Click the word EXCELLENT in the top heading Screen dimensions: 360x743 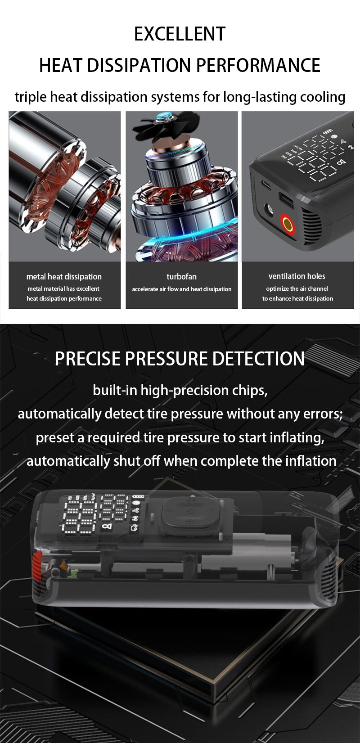point(180,34)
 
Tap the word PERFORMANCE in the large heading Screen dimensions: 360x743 point(258,65)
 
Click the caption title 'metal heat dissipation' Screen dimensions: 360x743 point(64,277)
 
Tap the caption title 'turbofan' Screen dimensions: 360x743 point(181,277)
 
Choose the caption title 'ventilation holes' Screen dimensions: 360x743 point(297,276)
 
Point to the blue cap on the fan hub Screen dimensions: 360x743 point(162,116)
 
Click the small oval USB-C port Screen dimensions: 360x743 point(266,184)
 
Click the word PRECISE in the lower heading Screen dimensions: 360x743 point(88,359)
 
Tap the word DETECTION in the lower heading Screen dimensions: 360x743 point(258,359)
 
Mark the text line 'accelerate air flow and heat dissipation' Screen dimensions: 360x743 point(181,289)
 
